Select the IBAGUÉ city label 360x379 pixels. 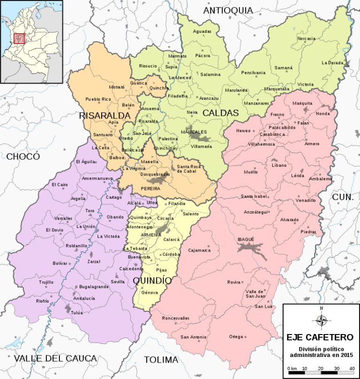pyautogui.click(x=246, y=239)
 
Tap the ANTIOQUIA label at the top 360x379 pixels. pyautogui.click(x=228, y=10)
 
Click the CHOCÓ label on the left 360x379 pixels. pyautogui.click(x=23, y=156)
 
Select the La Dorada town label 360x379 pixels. pyautogui.click(x=332, y=63)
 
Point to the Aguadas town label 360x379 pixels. pyautogui.click(x=202, y=31)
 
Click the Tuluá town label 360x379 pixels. pyautogui.click(x=76, y=312)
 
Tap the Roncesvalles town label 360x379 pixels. pyautogui.click(x=175, y=318)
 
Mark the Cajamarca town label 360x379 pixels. pyautogui.click(x=199, y=250)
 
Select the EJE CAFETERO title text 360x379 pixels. pyautogui.click(x=320, y=337)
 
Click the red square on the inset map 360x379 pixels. pyautogui.click(x=19, y=38)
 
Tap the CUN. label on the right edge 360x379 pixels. pyautogui.click(x=343, y=198)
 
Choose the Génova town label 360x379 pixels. pyautogui.click(x=150, y=292)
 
